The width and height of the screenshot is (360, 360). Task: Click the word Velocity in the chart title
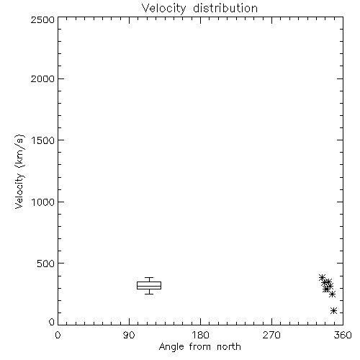coord(164,9)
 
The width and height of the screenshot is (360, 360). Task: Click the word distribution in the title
coord(225,8)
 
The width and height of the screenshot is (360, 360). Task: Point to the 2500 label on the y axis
coord(42,19)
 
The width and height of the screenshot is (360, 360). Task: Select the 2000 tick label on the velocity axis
coord(42,79)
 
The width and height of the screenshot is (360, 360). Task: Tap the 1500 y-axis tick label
coord(43,140)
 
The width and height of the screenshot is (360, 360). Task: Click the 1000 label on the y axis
coord(43,202)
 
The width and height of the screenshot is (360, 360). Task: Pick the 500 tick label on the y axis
coord(46,264)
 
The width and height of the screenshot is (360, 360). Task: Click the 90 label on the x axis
coord(129,335)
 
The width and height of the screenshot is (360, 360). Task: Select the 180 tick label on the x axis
coord(200,335)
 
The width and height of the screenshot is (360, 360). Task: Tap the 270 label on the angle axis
coord(271,335)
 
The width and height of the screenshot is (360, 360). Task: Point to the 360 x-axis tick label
coord(343,335)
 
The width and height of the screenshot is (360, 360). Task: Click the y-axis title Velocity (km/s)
coord(19,171)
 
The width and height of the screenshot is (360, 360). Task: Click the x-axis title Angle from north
coord(200,347)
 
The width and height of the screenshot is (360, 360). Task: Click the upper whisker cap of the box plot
coord(149,278)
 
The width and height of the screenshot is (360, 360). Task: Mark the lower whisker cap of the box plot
coord(149,294)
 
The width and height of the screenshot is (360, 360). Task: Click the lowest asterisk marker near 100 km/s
coord(333,311)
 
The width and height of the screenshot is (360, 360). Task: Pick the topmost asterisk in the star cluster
coord(322,277)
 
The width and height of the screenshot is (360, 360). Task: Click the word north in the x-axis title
coord(229,347)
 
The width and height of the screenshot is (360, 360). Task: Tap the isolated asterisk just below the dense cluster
coord(332,294)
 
